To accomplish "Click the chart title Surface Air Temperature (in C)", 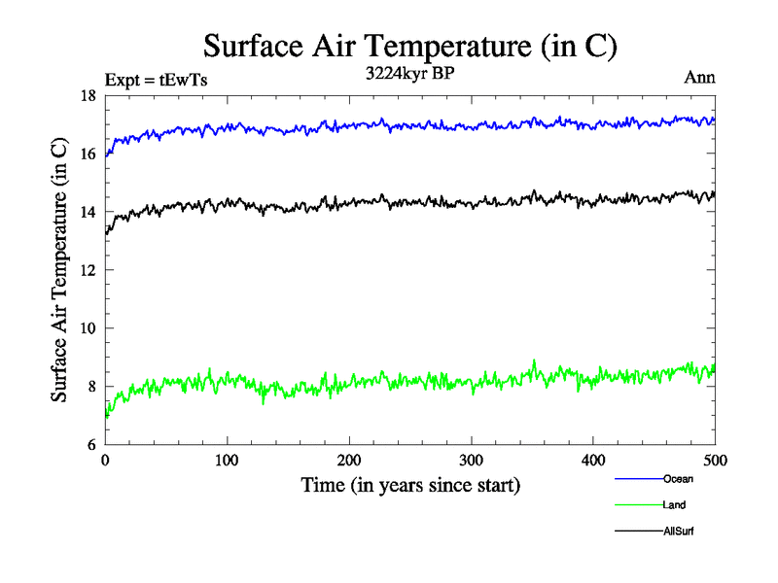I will click(409, 46).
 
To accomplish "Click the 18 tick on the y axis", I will click(88, 95).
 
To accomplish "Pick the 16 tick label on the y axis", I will click(88, 154).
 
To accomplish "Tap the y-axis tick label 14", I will click(88, 212).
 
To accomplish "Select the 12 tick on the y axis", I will click(88, 270).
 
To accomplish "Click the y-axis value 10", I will click(88, 328).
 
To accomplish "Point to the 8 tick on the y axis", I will click(91, 387).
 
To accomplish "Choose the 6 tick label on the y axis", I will click(91, 445).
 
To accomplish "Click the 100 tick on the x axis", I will click(227, 460).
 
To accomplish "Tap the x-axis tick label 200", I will click(349, 460).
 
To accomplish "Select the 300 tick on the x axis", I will click(471, 460).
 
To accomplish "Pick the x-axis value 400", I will click(593, 460).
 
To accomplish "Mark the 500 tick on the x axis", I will click(715, 460).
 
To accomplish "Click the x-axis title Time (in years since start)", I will click(409, 485).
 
